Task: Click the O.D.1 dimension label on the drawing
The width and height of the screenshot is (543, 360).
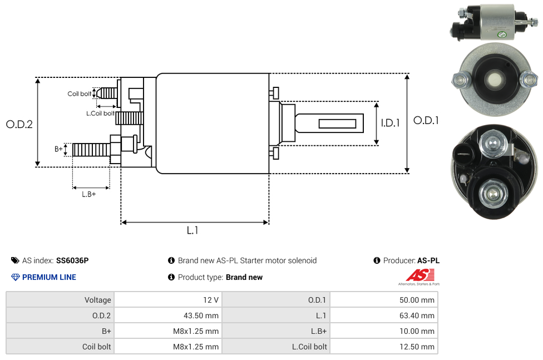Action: tap(426, 120)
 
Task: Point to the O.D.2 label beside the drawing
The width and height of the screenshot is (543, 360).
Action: tap(19, 125)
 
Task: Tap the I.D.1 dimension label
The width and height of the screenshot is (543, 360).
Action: tap(390, 124)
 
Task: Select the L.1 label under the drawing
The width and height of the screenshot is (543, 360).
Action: tap(192, 230)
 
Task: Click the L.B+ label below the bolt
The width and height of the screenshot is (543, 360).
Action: tap(89, 194)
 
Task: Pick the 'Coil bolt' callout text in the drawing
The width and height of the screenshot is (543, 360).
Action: tap(80, 93)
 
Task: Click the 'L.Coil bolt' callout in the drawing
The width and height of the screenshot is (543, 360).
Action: tap(100, 114)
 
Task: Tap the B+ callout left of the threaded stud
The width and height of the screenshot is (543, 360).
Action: tap(58, 149)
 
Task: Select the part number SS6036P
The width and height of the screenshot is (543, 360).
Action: tap(72, 260)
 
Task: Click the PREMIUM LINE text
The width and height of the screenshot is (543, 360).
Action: tap(49, 277)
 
